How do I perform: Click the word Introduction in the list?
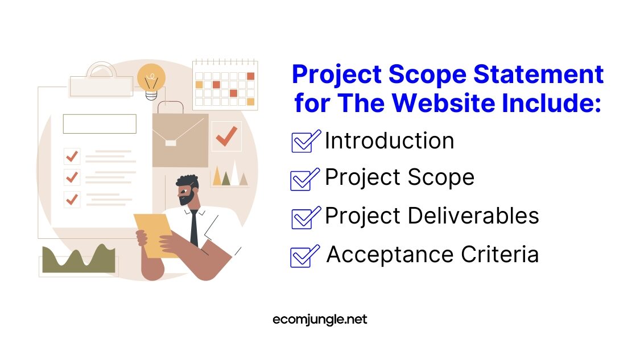pyautogui.click(x=389, y=141)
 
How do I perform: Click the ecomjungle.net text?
pyautogui.click(x=320, y=320)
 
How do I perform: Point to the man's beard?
pyautogui.click(x=186, y=198)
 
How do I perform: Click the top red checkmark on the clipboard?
pyautogui.click(x=72, y=155)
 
